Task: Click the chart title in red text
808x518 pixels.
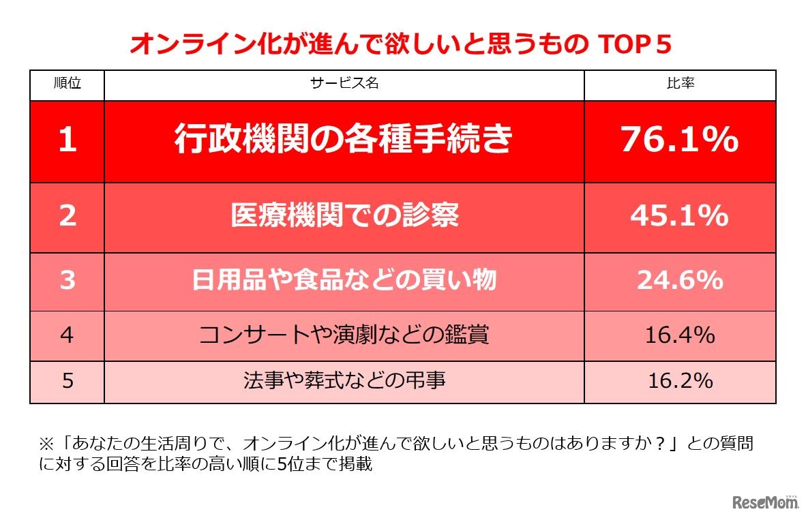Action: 401,46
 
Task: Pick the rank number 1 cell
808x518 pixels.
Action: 68,140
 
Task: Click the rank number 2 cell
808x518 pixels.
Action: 68,216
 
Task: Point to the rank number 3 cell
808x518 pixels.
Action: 68,280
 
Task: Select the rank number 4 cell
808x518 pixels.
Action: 68,335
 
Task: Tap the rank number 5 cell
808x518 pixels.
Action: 68,380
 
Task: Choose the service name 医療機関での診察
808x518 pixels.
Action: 344,216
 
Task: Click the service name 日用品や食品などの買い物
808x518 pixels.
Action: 344,280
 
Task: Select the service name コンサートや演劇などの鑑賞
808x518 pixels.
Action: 344,335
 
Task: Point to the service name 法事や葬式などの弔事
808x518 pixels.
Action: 344,380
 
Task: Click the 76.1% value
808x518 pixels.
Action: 679,140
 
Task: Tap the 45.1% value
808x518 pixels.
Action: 679,216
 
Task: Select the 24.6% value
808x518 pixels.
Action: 679,280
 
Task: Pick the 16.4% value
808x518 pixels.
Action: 679,335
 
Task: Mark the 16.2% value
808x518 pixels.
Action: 679,380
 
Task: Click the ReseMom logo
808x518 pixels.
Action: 765,502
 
